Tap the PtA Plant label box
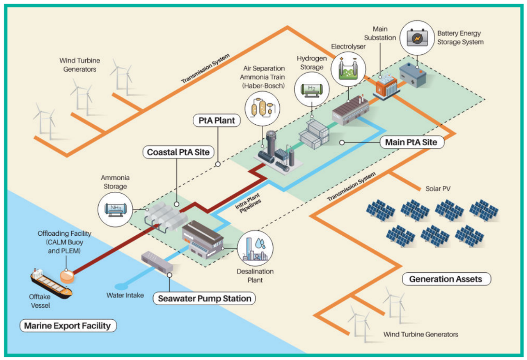(217, 120)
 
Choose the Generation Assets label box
(445, 279)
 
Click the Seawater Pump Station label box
(204, 299)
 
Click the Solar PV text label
(438, 189)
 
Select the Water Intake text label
(125, 295)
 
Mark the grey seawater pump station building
(157, 263)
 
